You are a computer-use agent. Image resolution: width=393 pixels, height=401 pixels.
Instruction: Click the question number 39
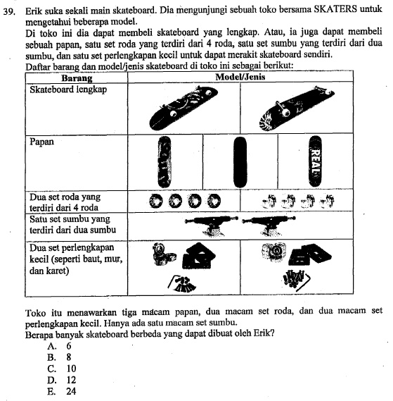(x=9, y=12)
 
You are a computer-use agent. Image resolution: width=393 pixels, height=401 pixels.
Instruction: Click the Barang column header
(x=77, y=78)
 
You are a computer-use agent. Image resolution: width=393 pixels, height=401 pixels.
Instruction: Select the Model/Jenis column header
(x=240, y=77)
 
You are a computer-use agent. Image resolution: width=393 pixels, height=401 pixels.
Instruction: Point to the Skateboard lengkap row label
(x=68, y=90)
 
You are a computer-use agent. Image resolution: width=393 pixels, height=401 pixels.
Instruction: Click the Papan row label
(x=42, y=142)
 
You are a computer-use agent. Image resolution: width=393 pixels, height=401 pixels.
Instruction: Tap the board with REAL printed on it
(x=316, y=161)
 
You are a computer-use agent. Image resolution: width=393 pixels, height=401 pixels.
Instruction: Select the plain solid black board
(x=240, y=162)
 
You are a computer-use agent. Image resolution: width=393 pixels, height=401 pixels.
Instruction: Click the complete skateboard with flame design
(x=296, y=109)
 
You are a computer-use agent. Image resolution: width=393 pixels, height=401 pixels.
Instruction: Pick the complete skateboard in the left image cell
(x=183, y=108)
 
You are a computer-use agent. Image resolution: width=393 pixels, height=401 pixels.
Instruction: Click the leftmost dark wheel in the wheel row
(x=155, y=201)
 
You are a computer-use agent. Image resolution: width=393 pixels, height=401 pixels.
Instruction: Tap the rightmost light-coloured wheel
(x=328, y=201)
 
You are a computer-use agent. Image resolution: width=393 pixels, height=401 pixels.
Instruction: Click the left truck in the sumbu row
(x=212, y=226)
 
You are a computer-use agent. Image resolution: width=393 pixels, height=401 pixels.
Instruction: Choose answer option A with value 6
(x=59, y=346)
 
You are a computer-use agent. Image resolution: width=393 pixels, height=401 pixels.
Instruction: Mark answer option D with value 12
(x=61, y=380)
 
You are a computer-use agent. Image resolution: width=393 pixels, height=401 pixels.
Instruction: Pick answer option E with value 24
(x=61, y=391)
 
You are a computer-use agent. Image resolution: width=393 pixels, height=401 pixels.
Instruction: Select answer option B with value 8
(x=59, y=357)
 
